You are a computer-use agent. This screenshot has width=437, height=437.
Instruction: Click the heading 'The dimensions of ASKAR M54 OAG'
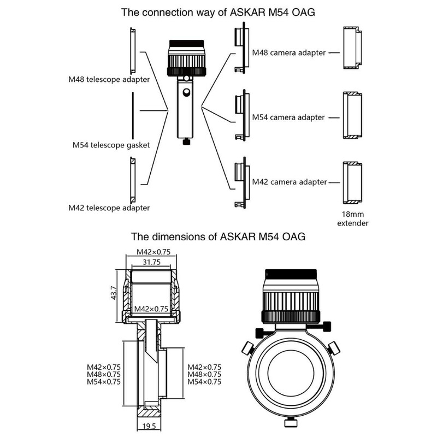coord(218,237)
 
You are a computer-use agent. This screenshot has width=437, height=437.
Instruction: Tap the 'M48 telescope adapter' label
coord(109,79)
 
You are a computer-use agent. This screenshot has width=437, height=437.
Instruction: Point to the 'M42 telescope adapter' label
coord(109,208)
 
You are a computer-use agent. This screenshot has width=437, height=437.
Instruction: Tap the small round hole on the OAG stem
coord(187,94)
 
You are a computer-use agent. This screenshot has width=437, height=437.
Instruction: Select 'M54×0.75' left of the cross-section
coord(104,382)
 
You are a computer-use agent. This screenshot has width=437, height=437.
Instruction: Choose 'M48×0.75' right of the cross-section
coord(204,375)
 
